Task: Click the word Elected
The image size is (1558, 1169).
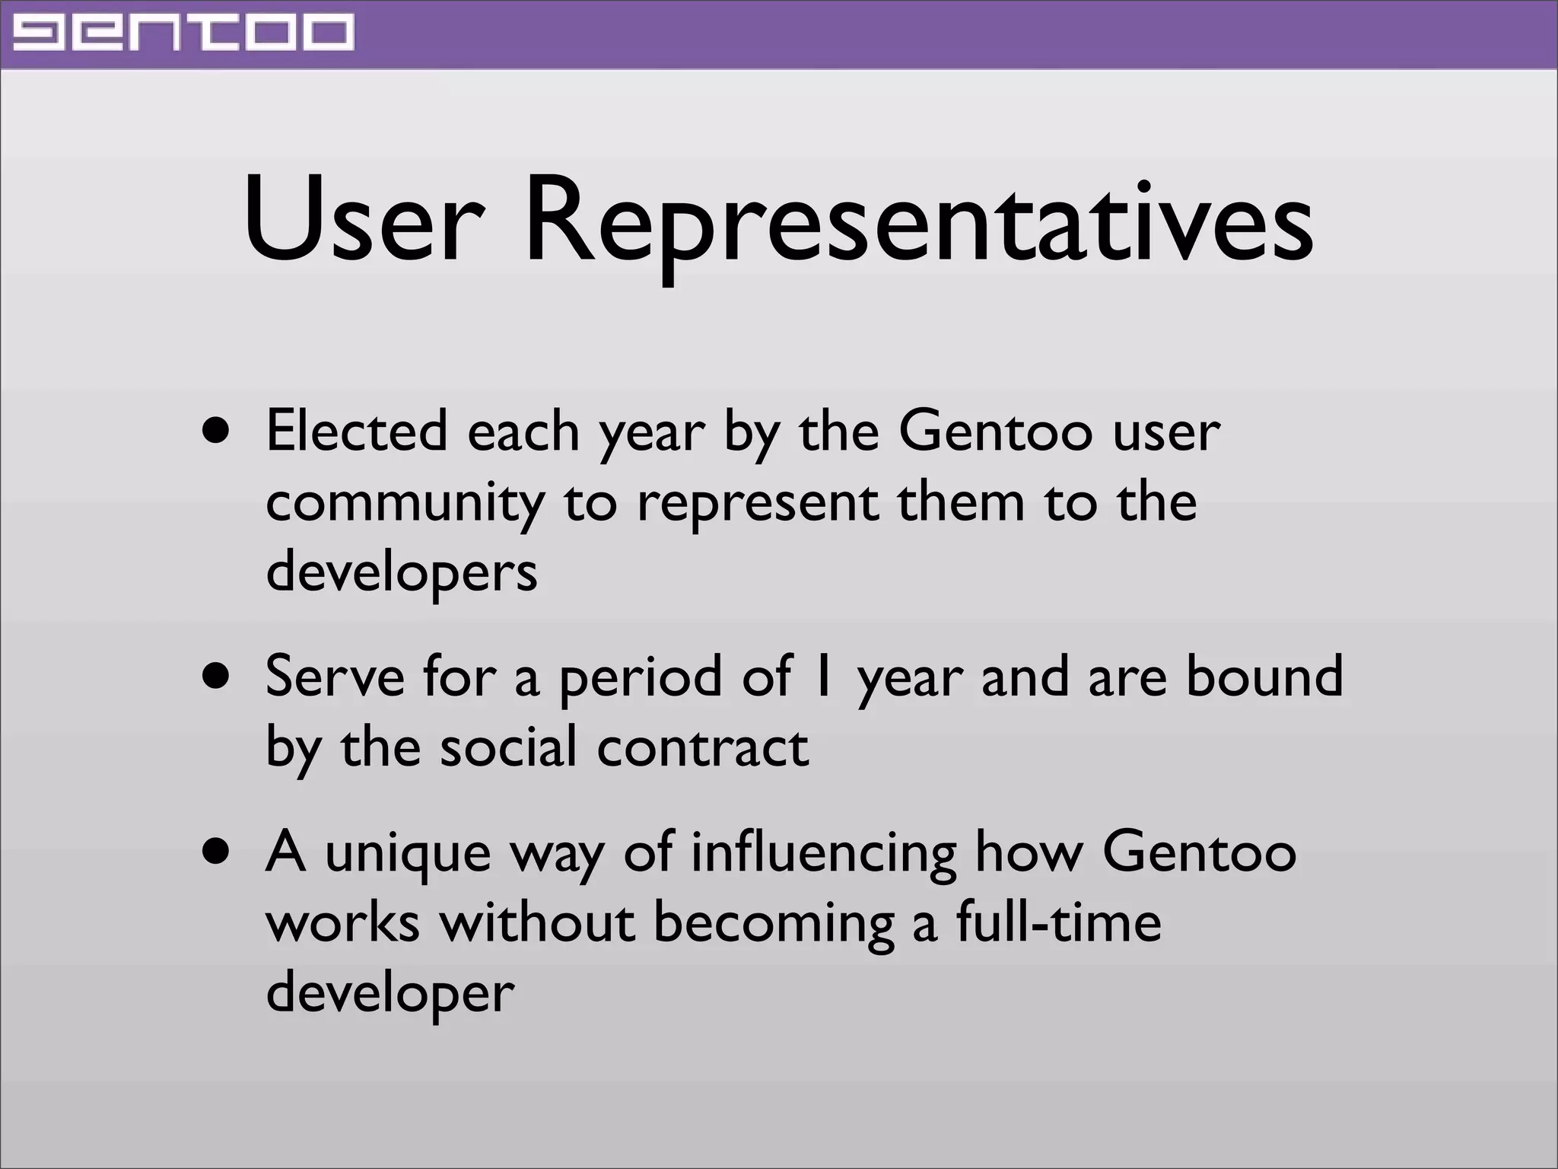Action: [357, 431]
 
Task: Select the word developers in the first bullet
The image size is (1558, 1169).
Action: [401, 572]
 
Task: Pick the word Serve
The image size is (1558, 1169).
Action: [335, 676]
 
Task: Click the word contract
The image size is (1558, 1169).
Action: [702, 747]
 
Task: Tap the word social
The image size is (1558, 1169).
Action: [508, 747]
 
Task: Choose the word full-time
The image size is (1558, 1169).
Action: [1058, 922]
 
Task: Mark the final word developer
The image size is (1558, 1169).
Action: [389, 994]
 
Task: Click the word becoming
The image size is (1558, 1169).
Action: [774, 924]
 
